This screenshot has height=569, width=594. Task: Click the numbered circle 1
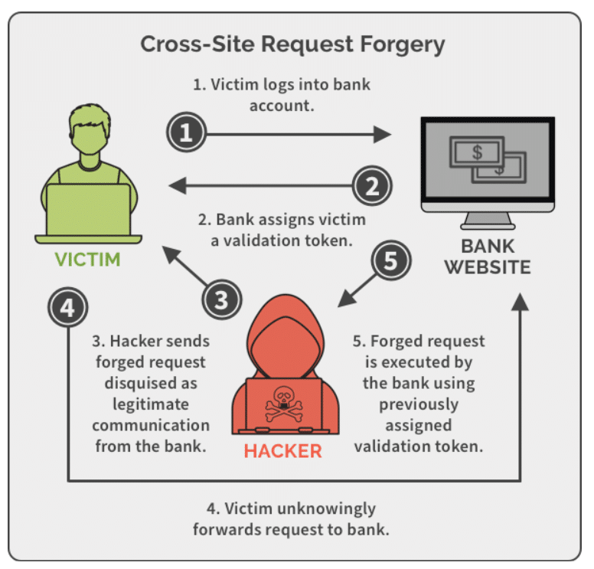click(x=187, y=134)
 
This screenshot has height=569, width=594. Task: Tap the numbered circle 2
click(x=372, y=185)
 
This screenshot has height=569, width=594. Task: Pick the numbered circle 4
click(x=67, y=309)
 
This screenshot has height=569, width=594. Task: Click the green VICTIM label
click(x=87, y=259)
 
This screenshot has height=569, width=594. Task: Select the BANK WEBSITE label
click(x=488, y=257)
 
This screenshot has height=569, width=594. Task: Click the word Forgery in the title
click(x=399, y=44)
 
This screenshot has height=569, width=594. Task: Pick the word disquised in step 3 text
click(x=150, y=382)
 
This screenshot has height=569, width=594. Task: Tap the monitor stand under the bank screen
click(x=487, y=221)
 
